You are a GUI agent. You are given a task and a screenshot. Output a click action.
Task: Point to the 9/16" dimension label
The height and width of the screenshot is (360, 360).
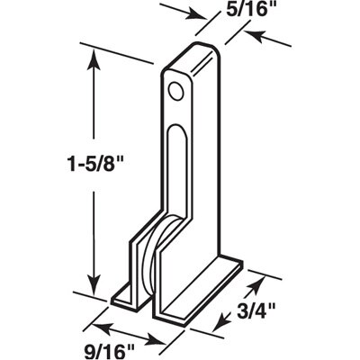coord(109,352)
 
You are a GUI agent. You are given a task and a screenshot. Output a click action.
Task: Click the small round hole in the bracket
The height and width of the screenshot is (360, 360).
coord(175,91)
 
